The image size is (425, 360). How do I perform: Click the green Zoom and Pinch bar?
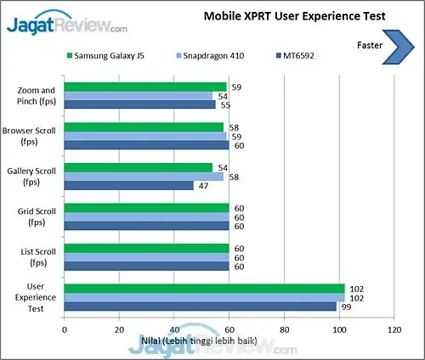pos(144,87)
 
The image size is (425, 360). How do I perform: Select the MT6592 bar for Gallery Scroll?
pos(127,186)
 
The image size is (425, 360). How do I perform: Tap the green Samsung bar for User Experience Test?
pos(203,289)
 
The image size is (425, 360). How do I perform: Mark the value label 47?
pos(202,186)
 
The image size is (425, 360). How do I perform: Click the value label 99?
pos(345,307)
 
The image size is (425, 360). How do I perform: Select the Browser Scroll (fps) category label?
pos(31,136)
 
